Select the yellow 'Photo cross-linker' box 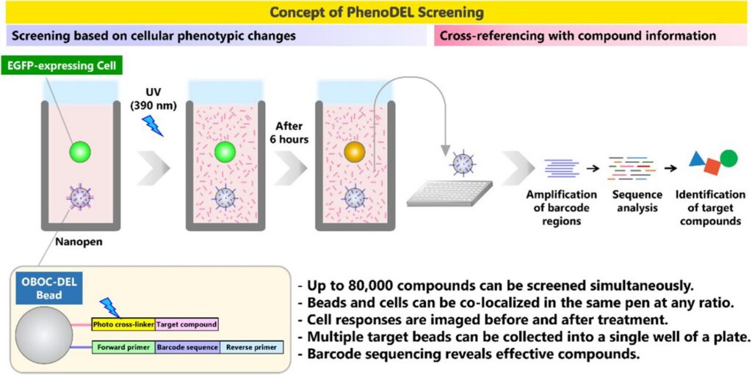[x=123, y=324]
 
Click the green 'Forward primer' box [x=123, y=346]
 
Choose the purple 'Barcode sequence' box [x=187, y=346]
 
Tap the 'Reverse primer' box [x=251, y=346]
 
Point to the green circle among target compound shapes [x=728, y=157]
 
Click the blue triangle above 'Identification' [x=698, y=159]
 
